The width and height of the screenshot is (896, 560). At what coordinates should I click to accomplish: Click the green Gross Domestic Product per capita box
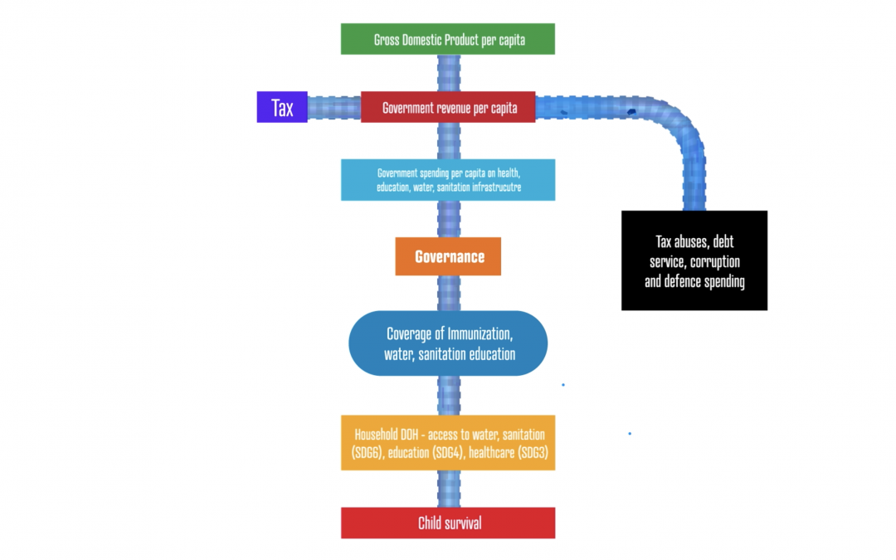pos(447,39)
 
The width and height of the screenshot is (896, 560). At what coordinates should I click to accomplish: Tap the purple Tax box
pos(282,107)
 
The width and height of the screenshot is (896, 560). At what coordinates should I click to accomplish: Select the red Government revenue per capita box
pos(448,107)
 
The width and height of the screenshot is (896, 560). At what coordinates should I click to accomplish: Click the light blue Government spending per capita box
pos(448,180)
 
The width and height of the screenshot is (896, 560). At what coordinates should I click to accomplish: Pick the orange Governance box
pos(448,256)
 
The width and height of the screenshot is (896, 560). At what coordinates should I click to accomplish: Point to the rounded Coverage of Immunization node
pos(448,343)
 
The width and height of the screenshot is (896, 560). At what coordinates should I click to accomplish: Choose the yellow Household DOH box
pos(448,443)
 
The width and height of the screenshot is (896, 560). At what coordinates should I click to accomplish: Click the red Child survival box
pos(448,523)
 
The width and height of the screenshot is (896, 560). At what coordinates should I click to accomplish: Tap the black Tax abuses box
pos(694,261)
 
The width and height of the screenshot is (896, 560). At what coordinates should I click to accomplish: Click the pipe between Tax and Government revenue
pos(334,107)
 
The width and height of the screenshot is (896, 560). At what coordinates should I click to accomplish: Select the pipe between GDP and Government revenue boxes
pos(449,73)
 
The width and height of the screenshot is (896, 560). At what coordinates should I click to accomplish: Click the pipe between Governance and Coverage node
pos(449,293)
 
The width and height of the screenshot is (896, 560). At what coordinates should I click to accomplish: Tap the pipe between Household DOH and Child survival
pos(449,489)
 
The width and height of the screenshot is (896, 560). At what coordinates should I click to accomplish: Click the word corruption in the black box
pos(714,261)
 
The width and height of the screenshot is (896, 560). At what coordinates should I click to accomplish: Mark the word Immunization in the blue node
pos(480,334)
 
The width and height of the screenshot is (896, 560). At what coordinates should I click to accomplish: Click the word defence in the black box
pos(683,281)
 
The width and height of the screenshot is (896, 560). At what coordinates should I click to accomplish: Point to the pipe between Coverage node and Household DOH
pos(449,396)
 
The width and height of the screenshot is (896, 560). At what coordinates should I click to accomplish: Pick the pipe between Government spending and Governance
pos(449,219)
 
